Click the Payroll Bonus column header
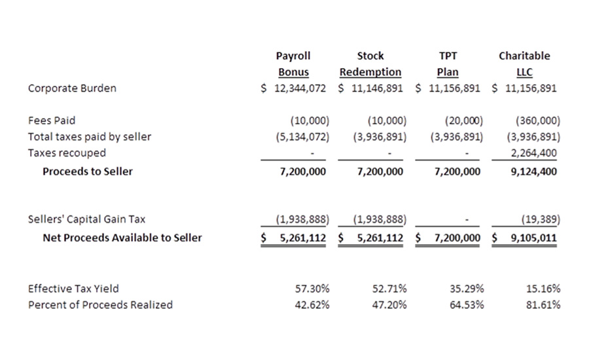(293, 64)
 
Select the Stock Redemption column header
(370, 64)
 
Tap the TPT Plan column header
(448, 64)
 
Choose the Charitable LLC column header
(524, 64)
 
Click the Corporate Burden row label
(72, 88)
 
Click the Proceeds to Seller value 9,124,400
(533, 171)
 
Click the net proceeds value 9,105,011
(531, 238)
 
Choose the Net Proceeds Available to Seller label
(122, 238)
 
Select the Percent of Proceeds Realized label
(100, 305)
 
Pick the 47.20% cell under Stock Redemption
(390, 305)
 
